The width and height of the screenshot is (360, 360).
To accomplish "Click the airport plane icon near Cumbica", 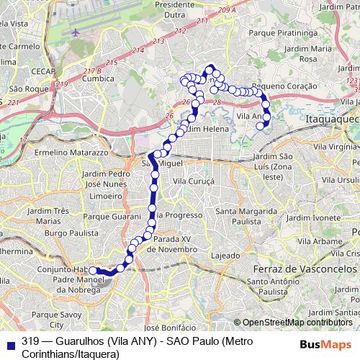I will click(77, 32).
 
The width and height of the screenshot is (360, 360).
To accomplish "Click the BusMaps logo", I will click(326, 343).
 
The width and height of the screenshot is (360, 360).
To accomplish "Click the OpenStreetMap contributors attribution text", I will click(297, 323).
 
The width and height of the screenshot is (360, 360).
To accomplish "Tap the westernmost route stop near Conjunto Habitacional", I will click(93, 271).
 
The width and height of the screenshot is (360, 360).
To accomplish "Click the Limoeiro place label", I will click(95, 195).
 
